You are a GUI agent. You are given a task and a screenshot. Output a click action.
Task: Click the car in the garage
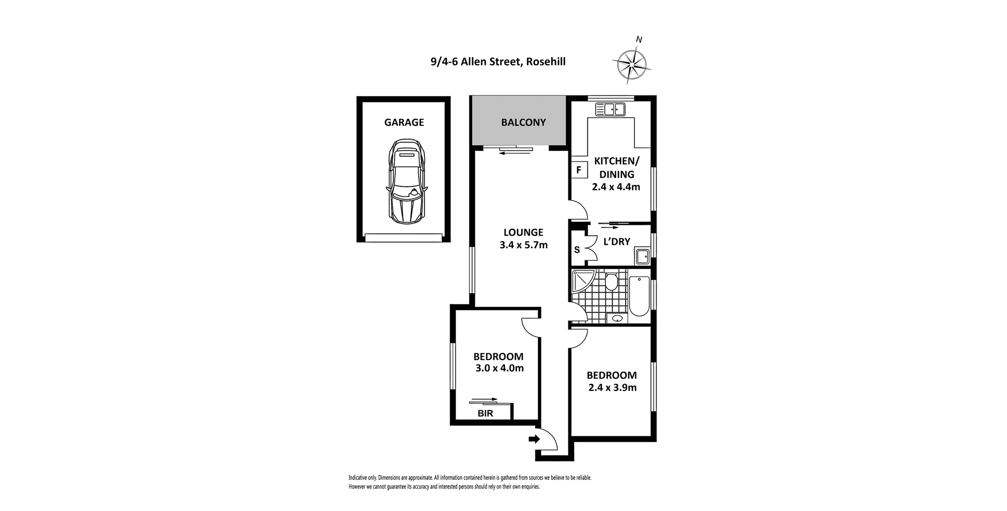[407, 181]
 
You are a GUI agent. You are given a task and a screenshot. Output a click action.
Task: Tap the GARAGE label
[404, 123]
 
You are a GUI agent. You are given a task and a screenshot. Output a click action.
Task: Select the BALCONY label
[523, 123]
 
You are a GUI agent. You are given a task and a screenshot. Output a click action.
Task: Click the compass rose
[632, 63]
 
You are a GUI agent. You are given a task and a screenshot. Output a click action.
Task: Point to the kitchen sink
[610, 109]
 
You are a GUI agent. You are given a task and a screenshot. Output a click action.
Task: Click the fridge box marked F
[579, 170]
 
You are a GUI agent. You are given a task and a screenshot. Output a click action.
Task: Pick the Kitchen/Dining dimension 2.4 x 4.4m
[616, 187]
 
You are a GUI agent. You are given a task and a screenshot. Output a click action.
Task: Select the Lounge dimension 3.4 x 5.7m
[524, 245]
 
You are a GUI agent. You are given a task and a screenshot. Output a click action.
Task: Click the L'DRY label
[617, 242]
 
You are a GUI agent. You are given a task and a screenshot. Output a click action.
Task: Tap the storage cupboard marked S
[577, 249]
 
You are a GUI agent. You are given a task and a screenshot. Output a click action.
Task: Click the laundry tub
[642, 256]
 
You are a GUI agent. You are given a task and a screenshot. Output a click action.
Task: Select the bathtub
[639, 296]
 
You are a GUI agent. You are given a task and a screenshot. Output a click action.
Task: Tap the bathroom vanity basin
[617, 318]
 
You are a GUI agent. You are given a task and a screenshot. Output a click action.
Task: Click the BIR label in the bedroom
[485, 414]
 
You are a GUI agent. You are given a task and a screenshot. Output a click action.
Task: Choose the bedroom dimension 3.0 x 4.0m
[499, 368]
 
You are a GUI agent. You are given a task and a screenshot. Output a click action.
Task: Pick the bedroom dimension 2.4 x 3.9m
[612, 388]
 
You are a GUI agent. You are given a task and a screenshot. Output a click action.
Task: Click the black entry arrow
[534, 439]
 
